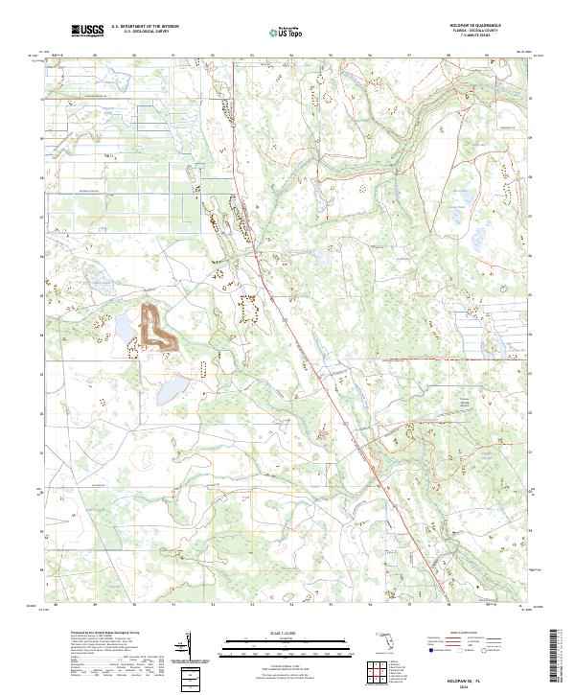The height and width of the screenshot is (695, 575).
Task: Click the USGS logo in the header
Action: coord(87,32)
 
